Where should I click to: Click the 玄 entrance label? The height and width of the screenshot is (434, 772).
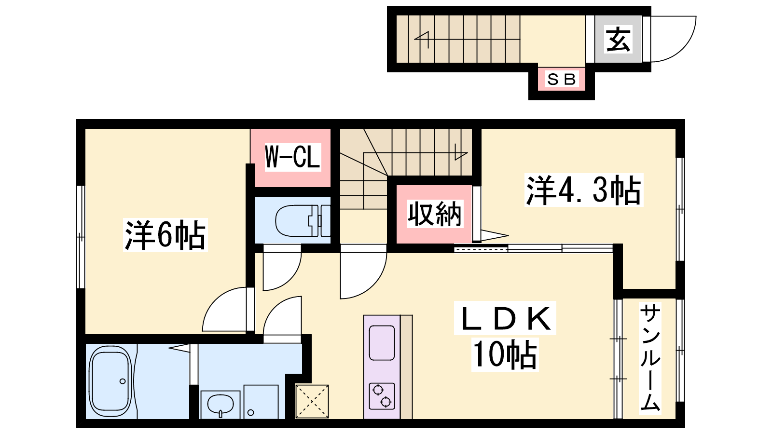(618, 39)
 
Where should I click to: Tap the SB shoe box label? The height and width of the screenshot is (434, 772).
(562, 80)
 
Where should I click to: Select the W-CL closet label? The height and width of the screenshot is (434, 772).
(292, 157)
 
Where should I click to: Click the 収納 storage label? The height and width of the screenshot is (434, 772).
(435, 214)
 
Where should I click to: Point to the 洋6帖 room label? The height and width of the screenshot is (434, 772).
(165, 235)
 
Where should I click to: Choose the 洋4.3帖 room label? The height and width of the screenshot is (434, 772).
(583, 190)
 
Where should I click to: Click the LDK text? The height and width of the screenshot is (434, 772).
(505, 318)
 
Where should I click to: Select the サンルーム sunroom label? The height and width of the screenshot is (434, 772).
(650, 358)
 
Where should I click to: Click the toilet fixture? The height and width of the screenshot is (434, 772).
(303, 221)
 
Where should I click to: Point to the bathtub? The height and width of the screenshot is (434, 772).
(110, 381)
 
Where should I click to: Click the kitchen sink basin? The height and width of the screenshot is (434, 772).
(382, 343)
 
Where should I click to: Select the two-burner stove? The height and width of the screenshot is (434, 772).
(382, 396)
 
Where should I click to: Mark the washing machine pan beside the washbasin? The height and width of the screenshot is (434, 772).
(261, 402)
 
